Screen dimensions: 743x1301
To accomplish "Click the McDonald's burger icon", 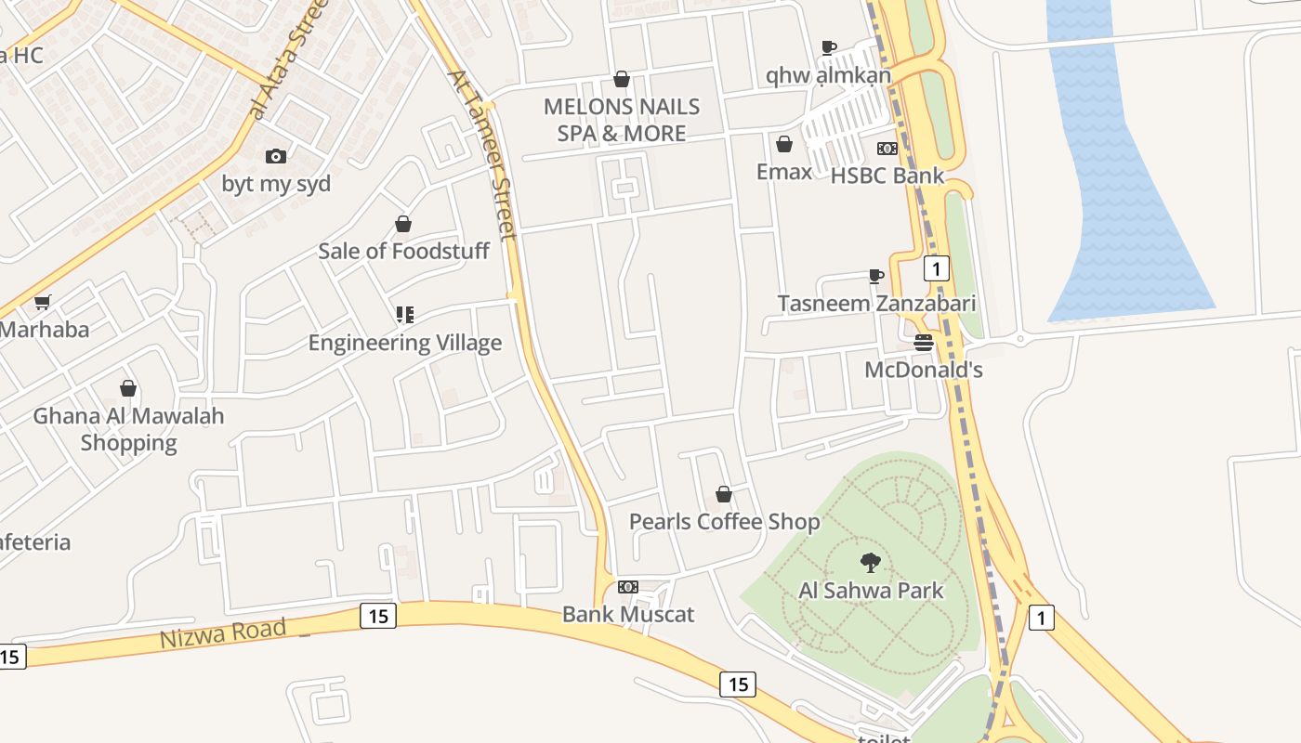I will coord(923,343).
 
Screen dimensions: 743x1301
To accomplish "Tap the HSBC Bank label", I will coord(887,176).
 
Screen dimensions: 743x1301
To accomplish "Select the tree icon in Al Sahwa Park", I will coord(871,562).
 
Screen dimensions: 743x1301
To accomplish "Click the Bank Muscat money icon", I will coord(628,587).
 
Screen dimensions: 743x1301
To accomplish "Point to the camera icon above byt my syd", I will coord(276,156).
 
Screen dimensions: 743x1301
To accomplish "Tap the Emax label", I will coord(783,172).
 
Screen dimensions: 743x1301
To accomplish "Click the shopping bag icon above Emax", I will coord(784,144).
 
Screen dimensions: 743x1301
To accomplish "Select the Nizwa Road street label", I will coord(223,634).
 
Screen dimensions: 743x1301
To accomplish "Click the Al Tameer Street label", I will coord(481,156).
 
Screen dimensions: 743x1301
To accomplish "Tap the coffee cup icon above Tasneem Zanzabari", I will coord(875,276).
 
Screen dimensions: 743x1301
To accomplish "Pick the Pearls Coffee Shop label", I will coord(724,522).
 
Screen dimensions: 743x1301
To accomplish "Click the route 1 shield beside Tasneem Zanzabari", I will coord(936,269).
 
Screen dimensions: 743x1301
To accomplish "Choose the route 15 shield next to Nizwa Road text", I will coord(377,616).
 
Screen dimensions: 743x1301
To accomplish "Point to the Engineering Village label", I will coord(405,343).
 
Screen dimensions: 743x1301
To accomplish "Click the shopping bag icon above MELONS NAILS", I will coord(622,79).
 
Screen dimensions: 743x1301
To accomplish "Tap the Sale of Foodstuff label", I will coord(403,251).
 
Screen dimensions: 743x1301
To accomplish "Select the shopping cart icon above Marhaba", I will coord(42,302).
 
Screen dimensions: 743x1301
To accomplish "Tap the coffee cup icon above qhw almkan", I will coord(829,47).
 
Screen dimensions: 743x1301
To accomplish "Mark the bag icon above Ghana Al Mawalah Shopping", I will coord(128,388).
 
